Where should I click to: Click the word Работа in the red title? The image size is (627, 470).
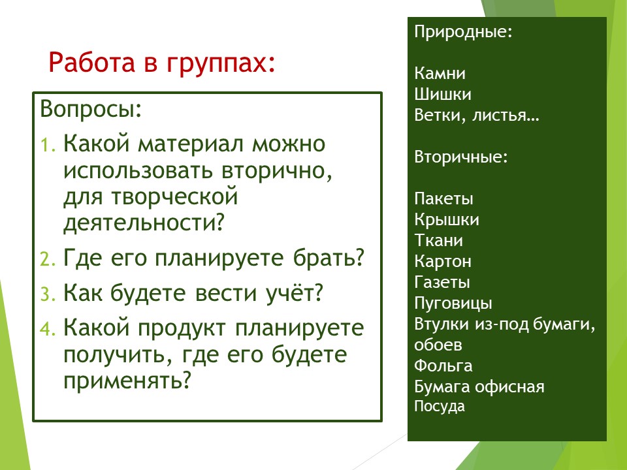pyautogui.click(x=92, y=63)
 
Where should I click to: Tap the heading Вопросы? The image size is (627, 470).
pyautogui.click(x=91, y=109)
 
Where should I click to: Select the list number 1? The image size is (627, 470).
pyautogui.click(x=48, y=145)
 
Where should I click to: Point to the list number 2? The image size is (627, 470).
pyautogui.click(x=48, y=259)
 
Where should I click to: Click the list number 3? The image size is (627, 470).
pyautogui.click(x=48, y=294)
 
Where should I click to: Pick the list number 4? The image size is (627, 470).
pyautogui.click(x=48, y=329)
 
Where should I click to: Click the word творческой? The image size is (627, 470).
pyautogui.click(x=174, y=196)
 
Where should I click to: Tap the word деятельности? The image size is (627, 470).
pyautogui.click(x=144, y=223)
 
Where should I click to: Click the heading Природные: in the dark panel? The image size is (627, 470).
pyautogui.click(x=464, y=32)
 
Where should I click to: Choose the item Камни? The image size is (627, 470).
pyautogui.click(x=440, y=73)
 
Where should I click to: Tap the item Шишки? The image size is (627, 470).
pyautogui.click(x=443, y=94)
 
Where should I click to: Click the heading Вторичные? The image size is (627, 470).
pyautogui.click(x=461, y=157)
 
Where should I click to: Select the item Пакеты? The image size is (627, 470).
pyautogui.click(x=443, y=198)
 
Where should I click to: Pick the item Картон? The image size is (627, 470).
pyautogui.click(x=443, y=262)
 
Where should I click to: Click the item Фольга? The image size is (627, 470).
pyautogui.click(x=443, y=366)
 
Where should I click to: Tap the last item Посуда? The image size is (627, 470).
pyautogui.click(x=440, y=407)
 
